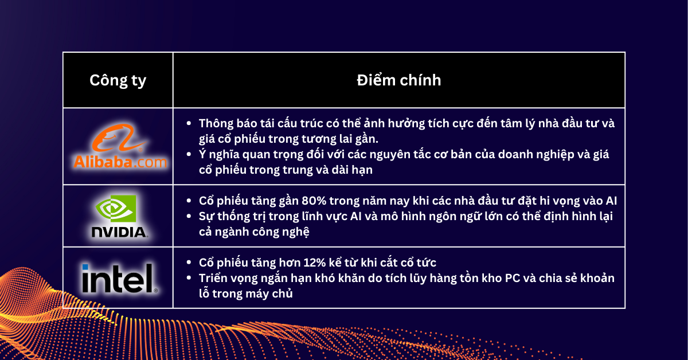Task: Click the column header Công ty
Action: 118,80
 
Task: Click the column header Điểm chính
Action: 398,80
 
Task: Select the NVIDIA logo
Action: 119,216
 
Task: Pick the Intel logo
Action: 119,278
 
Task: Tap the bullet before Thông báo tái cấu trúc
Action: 189,124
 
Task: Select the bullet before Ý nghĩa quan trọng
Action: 189,155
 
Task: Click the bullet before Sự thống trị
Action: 189,217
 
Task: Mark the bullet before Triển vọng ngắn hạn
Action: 189,279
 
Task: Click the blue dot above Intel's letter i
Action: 85,267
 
